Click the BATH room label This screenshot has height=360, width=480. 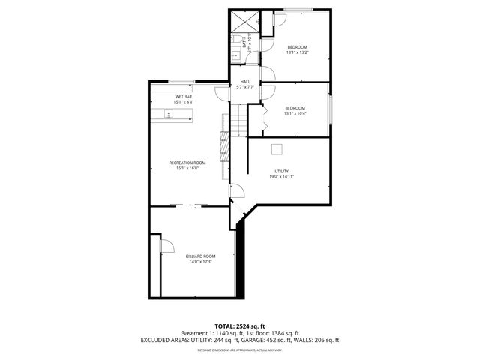(244, 46)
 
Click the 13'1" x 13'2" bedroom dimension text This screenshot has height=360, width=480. (297, 52)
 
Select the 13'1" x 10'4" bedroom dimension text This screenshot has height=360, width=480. (295, 113)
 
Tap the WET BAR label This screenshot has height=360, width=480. (184, 97)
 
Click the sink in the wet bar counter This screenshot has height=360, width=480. (169, 114)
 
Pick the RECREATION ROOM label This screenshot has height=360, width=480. (187, 163)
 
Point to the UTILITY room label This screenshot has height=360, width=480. (281, 172)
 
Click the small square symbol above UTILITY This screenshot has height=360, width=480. (277, 148)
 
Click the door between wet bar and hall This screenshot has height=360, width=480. (221, 94)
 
